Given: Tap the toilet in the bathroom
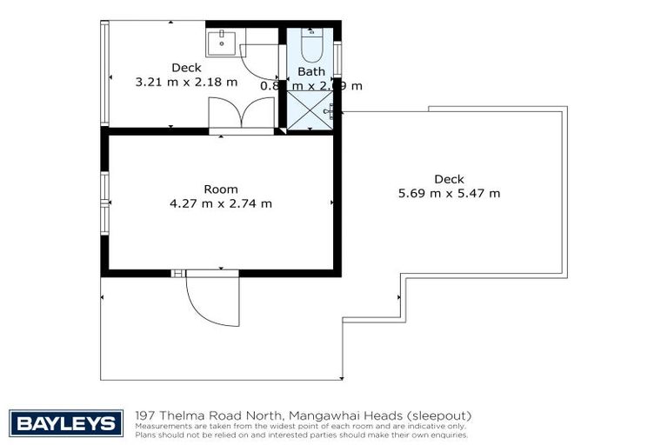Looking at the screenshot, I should (311, 44).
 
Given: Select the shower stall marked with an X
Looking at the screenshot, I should (309, 110).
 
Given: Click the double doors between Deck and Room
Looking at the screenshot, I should (242, 115).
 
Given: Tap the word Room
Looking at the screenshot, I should (220, 189).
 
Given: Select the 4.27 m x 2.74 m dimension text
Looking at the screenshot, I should (220, 204).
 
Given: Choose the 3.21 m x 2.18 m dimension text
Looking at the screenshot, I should (186, 83).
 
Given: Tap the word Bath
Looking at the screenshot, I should (311, 71).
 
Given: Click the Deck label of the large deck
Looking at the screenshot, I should (449, 179).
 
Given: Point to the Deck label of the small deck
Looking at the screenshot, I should (186, 68).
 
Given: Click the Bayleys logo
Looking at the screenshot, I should (65, 423).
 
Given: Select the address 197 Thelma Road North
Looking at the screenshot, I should (203, 415).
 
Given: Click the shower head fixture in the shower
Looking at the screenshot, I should (330, 110).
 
